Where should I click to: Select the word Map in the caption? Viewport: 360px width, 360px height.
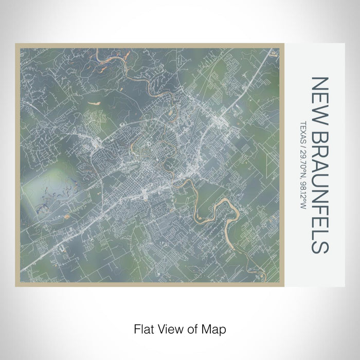tap(215, 328)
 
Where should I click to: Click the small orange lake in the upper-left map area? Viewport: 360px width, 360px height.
tap(94, 103)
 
